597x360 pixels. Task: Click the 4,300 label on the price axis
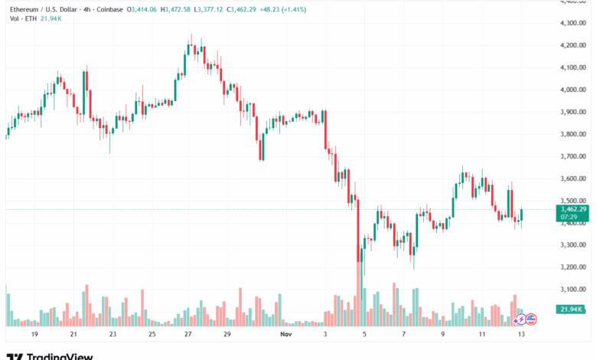[x=573, y=23]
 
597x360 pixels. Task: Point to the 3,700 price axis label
[x=573, y=156]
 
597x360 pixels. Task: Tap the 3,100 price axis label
[x=573, y=290]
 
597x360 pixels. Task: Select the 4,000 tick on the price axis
[x=573, y=90]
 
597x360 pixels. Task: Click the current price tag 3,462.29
[x=573, y=209]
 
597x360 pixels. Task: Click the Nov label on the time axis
[x=285, y=335]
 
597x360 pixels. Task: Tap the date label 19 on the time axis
[x=34, y=335]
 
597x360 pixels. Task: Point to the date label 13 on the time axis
[x=522, y=335]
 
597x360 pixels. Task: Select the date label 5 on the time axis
[x=365, y=335]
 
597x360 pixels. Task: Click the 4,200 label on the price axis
[x=573, y=45]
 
